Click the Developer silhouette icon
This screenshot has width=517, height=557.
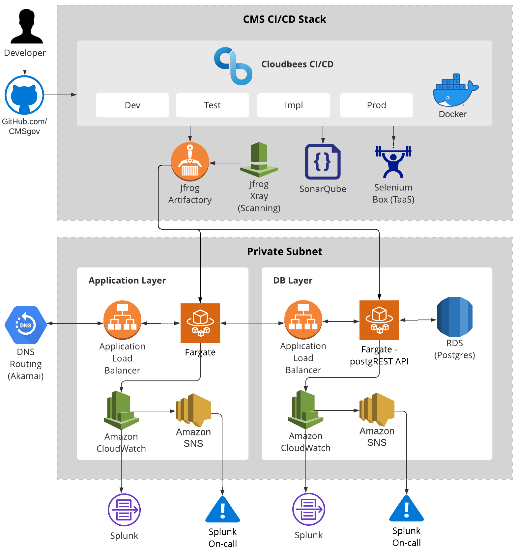26,26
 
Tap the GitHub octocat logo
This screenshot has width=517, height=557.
24,95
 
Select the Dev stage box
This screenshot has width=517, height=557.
132,105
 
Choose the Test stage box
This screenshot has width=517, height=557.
212,105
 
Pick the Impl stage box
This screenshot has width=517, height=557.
294,105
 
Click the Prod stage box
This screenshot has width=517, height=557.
376,105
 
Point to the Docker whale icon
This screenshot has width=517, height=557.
455,91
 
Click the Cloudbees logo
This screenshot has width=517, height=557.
233,66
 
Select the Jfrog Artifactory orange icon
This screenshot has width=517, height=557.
190,161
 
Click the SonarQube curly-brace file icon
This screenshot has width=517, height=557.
323,162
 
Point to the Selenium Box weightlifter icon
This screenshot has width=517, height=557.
393,161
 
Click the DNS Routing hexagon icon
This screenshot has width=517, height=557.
26,325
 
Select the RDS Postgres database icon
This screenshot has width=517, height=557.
454,317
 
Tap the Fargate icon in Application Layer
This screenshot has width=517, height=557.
200,323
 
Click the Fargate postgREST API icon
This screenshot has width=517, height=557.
379,320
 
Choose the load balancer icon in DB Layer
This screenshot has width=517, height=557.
303,320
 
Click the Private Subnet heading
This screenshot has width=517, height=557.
284,251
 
